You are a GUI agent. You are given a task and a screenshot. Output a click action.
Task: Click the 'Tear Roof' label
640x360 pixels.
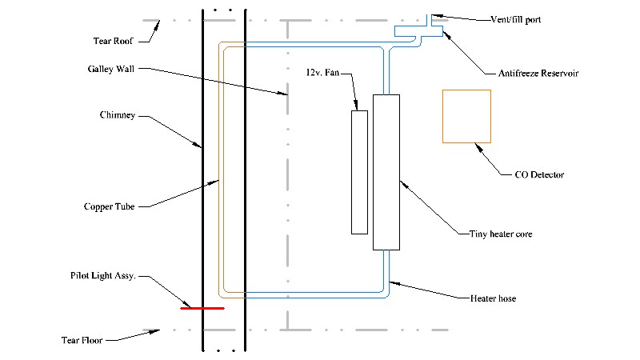[x=113, y=41]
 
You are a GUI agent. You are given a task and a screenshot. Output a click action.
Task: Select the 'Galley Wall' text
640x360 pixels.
[x=111, y=69]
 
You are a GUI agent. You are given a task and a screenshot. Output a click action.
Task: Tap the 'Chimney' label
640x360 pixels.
[x=118, y=115]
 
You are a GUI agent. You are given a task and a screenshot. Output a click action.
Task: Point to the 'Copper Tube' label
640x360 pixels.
[x=109, y=206]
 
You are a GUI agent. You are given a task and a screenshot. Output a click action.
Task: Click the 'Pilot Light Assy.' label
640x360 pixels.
[x=103, y=276]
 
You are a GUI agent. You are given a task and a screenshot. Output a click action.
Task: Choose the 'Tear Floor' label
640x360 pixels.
[x=82, y=340]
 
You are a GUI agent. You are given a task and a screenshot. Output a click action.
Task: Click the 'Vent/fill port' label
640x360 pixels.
[x=516, y=19]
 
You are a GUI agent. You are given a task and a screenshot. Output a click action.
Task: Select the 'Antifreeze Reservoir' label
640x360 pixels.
[x=538, y=74]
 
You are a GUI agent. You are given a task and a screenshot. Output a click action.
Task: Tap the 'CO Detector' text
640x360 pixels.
[x=539, y=174]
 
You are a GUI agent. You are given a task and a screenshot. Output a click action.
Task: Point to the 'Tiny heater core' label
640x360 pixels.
[x=501, y=234]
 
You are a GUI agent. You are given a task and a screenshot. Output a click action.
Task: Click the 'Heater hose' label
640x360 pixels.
[x=493, y=298]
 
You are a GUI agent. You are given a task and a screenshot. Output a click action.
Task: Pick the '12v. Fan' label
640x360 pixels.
[x=322, y=73]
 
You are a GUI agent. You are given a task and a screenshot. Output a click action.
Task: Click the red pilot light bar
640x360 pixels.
[x=202, y=308]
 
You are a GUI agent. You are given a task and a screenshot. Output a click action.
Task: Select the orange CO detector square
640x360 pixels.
[x=466, y=90]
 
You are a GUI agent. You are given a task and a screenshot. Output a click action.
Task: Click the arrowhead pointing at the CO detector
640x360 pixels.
[x=478, y=147]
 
